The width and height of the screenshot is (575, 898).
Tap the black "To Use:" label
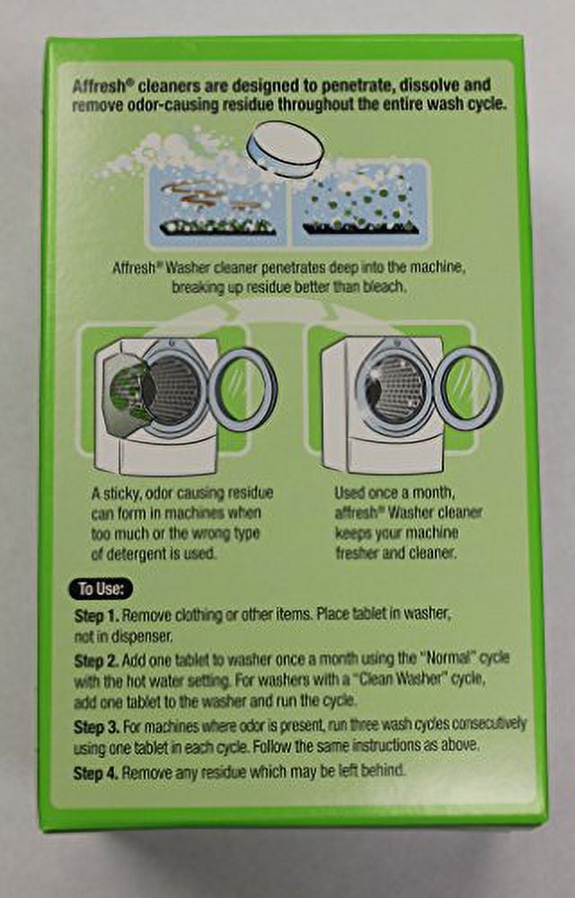coord(101,589)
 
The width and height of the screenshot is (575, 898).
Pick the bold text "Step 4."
coord(96,774)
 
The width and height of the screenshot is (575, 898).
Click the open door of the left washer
coord(243,390)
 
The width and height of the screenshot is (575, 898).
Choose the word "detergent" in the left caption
coord(135,554)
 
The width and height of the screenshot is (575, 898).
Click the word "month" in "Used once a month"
coord(429,493)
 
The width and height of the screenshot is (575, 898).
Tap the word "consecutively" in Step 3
coord(489,725)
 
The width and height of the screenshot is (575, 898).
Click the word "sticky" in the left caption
coord(122,494)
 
